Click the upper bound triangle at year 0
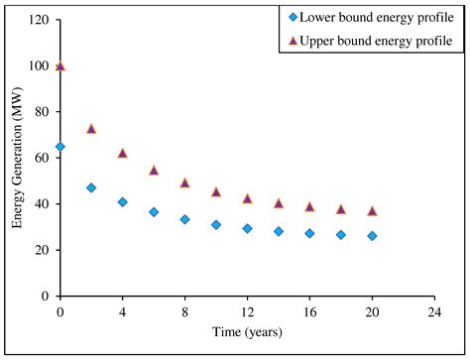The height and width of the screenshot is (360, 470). point(60,66)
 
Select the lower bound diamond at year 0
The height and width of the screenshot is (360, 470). point(60,147)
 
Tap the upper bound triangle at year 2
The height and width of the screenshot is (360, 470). point(91,129)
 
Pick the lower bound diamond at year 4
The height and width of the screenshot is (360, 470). point(122,202)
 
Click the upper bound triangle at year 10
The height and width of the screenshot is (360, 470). point(216,191)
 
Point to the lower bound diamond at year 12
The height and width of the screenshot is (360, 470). point(247,228)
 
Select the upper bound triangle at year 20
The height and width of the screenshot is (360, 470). point(372,211)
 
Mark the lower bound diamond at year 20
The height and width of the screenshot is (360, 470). point(372,236)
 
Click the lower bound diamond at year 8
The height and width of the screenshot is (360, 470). point(184,219)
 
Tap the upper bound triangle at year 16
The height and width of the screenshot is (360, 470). point(309,206)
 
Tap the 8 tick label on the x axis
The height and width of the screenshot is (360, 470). point(184,309)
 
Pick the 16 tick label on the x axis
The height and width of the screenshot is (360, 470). point(309,309)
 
